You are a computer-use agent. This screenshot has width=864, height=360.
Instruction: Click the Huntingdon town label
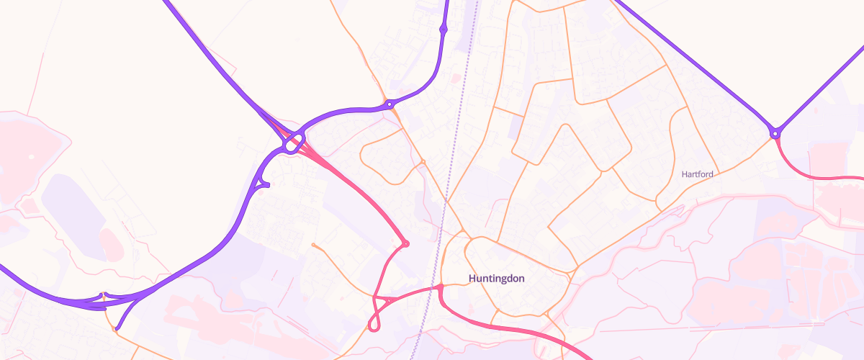pyautogui.click(x=497, y=278)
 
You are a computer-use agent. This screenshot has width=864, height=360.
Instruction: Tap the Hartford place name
pyautogui.click(x=697, y=174)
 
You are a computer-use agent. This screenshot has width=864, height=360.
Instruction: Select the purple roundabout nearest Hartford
pyautogui.click(x=775, y=133)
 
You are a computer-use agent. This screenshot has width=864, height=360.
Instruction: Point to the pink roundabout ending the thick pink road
pyautogui.click(x=405, y=243)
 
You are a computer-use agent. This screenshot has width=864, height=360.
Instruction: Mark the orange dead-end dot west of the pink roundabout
pyautogui.click(x=314, y=246)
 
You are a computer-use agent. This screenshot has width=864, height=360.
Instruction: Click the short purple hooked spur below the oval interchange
pyautogui.click(x=264, y=185)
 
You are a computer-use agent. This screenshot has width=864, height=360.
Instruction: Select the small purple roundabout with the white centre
pyautogui.click(x=390, y=104)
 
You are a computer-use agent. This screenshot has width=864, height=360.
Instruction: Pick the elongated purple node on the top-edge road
pyautogui.click(x=443, y=29)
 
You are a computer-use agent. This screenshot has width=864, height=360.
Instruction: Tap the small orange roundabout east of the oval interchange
pyautogui.click(x=423, y=161)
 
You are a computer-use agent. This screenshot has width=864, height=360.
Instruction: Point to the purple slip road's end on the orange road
pyautogui.click(x=117, y=330)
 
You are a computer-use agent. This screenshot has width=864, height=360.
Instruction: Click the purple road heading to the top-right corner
pyautogui.click(x=821, y=86)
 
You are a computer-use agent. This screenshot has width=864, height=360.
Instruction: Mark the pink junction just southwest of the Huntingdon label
pyautogui.click(x=439, y=289)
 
